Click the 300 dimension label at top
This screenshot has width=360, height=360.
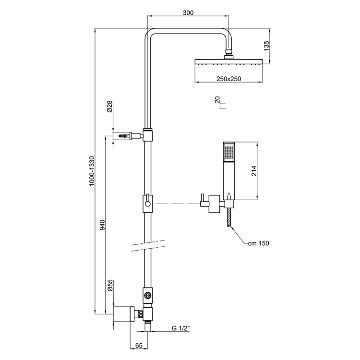click(x=188, y=13)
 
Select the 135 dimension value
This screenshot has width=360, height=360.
click(x=267, y=47)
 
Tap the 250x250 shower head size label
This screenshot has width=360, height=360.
click(x=228, y=78)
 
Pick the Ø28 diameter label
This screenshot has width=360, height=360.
click(x=109, y=106)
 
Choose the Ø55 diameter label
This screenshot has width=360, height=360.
click(x=109, y=287)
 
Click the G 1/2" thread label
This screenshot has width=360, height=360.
click(x=181, y=329)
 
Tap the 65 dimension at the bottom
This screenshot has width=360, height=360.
click(x=139, y=345)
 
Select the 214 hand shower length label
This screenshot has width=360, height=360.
click(x=255, y=170)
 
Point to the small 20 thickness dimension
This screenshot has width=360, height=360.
click(x=217, y=100)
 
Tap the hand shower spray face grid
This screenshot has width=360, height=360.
click(x=228, y=152)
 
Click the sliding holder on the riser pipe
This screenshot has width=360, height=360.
click(x=148, y=204)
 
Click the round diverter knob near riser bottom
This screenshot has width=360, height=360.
click(x=148, y=295)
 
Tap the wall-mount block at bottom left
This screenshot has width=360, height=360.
click(x=124, y=315)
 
